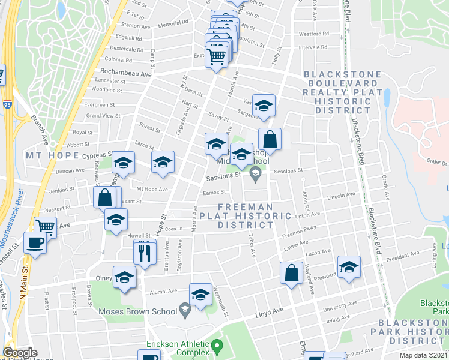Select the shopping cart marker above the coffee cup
click(x=45, y=227)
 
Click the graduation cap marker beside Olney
click(x=124, y=277)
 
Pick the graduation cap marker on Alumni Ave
click(x=200, y=295)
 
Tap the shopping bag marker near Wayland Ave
click(x=291, y=272)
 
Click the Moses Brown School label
click(x=145, y=311)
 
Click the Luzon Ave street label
click(x=318, y=252)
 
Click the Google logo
click(x=20, y=353)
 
